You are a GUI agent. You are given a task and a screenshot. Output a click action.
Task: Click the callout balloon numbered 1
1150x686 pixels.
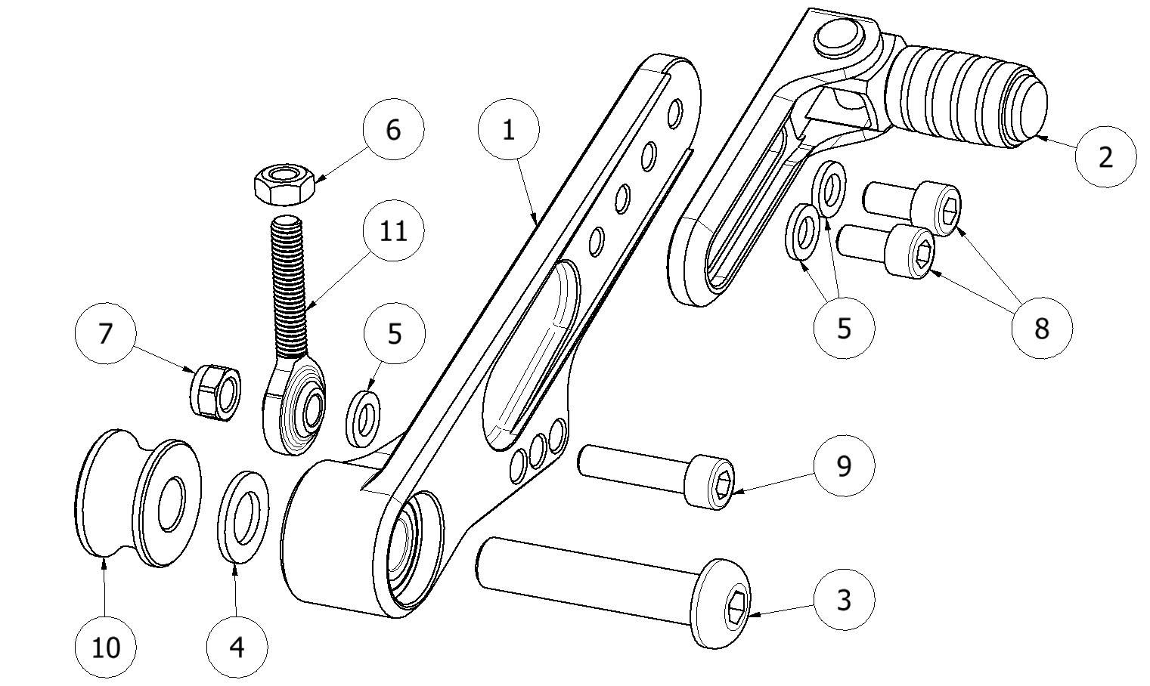pos(509,130)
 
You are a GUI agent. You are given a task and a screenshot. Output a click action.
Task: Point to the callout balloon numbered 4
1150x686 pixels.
pos(237,647)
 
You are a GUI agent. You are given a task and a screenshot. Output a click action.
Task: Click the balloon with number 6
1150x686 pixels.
pos(393,129)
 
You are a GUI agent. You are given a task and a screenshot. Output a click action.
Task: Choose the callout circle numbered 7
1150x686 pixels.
pos(106,333)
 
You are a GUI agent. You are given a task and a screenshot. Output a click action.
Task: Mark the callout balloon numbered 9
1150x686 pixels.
pos(844,465)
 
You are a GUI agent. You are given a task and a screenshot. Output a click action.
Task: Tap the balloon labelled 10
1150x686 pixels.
pos(106,647)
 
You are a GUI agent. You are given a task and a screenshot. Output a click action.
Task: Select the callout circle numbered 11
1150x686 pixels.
pos(393,230)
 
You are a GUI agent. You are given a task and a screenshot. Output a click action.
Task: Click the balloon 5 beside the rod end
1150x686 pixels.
pos(394,333)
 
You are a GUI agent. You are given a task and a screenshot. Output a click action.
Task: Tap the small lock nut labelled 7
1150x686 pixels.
pos(213,389)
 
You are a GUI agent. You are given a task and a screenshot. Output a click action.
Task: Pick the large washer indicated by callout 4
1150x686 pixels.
pos(243,518)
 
